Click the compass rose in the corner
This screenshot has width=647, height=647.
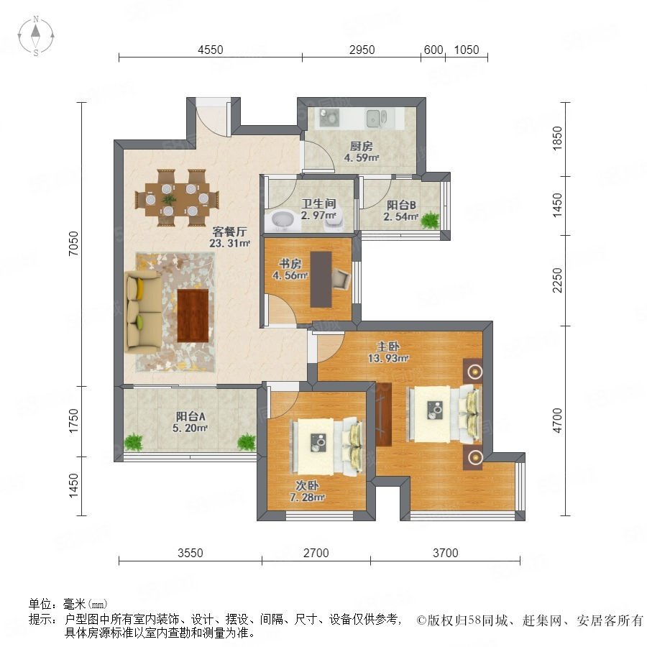36,36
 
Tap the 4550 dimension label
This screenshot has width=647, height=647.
211,50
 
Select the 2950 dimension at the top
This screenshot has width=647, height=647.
362,50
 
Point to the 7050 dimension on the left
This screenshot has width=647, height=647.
73,244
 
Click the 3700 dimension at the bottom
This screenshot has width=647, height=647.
445,553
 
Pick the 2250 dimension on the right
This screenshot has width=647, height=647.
557,280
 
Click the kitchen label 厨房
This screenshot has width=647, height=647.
361,146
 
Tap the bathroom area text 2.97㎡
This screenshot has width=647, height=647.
318,216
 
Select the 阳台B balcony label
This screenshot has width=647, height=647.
400,205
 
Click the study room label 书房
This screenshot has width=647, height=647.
290,264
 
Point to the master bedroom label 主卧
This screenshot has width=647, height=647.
388,347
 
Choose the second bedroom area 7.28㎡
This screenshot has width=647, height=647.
307,497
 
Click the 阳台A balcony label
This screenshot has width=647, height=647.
191,416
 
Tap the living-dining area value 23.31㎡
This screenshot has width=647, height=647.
229,244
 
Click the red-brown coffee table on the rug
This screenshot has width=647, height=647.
193,316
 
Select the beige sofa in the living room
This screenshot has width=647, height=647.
143,311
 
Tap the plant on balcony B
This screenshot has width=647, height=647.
431,219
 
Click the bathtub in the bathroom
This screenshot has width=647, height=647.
283,221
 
